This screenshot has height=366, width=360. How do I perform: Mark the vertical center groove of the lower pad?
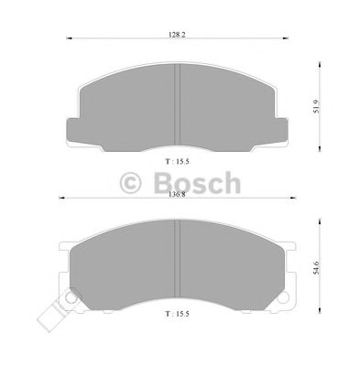click(176, 265)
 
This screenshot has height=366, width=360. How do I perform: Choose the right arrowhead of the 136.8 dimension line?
click(295, 198)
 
